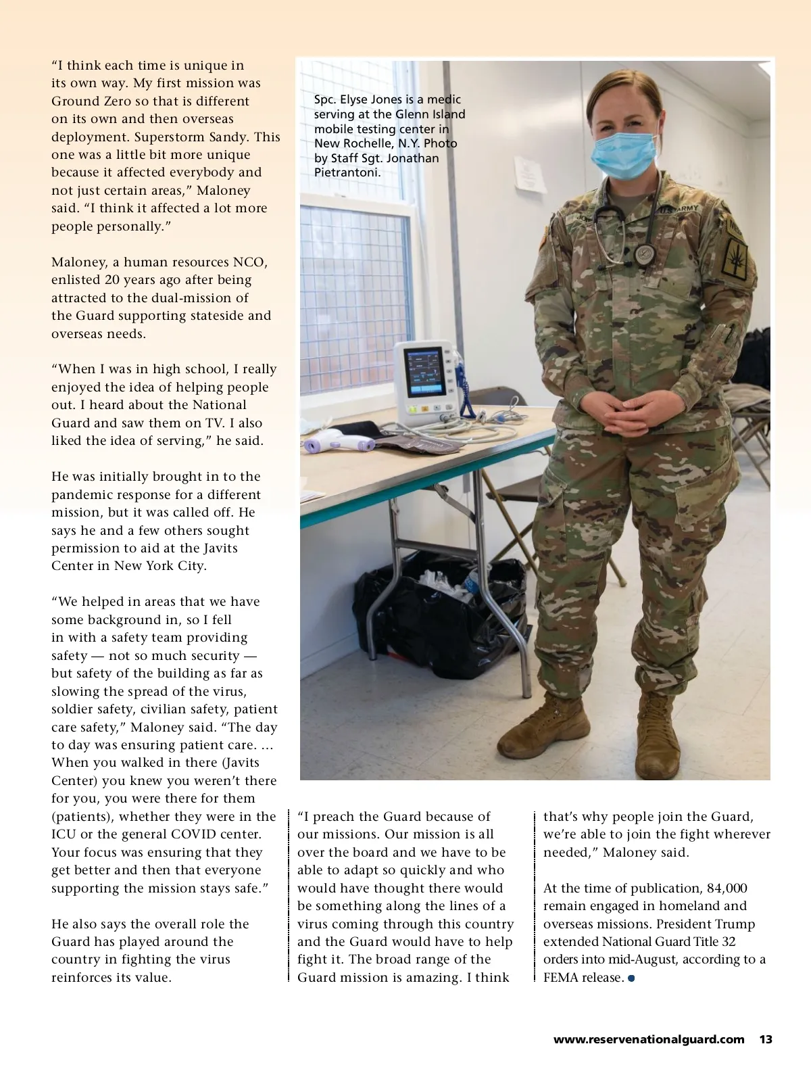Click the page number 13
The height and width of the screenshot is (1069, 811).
[x=766, y=1039]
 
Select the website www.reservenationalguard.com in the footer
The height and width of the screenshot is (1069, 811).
[x=649, y=1039]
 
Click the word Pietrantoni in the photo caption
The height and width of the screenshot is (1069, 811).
[x=347, y=172]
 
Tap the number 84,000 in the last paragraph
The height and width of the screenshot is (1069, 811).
[x=727, y=888]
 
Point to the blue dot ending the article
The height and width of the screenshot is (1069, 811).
[x=631, y=978]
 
